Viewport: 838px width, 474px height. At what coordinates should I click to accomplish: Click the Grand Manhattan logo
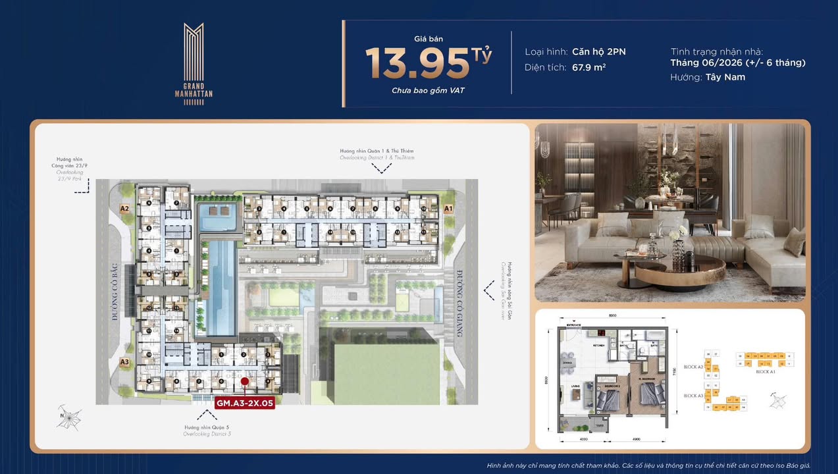coord(194,64)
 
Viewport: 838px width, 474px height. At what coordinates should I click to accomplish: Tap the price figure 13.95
coord(419,63)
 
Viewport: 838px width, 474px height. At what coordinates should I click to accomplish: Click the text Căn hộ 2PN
coord(598,51)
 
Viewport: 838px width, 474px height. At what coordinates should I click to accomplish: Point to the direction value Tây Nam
coord(727,77)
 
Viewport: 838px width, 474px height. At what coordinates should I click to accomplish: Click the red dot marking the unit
coord(244,381)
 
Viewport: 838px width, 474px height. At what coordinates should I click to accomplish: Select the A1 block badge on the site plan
coord(449,209)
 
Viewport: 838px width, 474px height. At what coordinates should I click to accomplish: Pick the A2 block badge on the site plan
coord(124,209)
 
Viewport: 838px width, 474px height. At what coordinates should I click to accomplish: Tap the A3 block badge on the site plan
coord(124,361)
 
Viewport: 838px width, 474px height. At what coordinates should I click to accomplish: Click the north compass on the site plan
coord(68,417)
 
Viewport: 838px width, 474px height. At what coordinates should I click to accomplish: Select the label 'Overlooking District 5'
coord(207,434)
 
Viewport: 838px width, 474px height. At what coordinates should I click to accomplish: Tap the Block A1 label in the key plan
coord(764,372)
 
